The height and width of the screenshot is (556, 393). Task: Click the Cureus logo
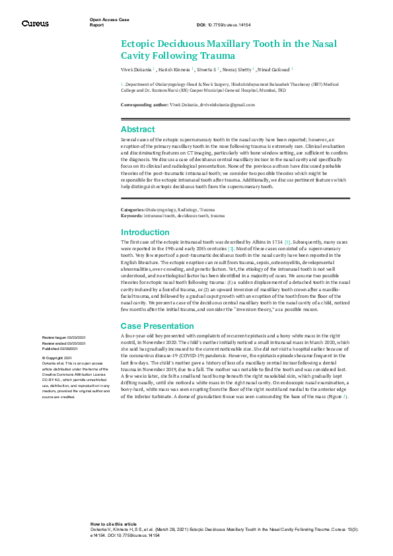(34, 23)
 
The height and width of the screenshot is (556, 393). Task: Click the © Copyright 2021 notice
(57, 357)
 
